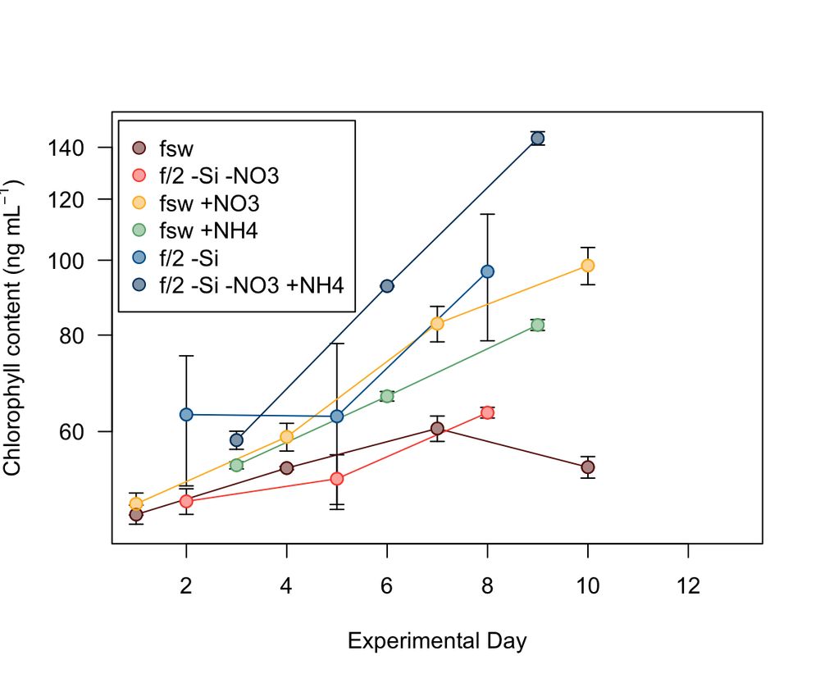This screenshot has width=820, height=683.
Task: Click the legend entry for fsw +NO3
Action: pyautogui.click(x=213, y=203)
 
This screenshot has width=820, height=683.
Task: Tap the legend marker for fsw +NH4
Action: pyautogui.click(x=139, y=230)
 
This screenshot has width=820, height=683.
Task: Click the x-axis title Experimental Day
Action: pyautogui.click(x=437, y=640)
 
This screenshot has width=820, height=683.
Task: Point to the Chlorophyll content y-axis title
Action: pyautogui.click(x=14, y=327)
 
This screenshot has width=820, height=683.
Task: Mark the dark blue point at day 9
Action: pyautogui.click(x=537, y=138)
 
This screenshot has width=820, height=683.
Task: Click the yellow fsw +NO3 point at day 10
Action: pyautogui.click(x=587, y=266)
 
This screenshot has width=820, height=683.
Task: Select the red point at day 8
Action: pyautogui.click(x=487, y=412)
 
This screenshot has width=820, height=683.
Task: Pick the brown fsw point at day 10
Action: pyautogui.click(x=587, y=467)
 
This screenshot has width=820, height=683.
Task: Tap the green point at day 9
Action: pyautogui.click(x=537, y=325)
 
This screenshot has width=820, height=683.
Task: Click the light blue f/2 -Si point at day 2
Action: pyautogui.click(x=186, y=414)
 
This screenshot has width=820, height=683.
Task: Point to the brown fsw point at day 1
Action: pyautogui.click(x=136, y=515)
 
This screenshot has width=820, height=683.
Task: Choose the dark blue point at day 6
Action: pyautogui.click(x=387, y=286)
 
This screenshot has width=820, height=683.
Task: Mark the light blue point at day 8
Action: pyautogui.click(x=487, y=271)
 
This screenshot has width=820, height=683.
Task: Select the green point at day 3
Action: pyautogui.click(x=236, y=465)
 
